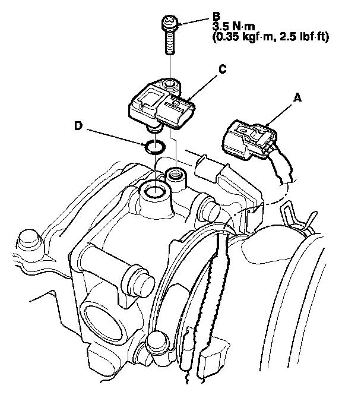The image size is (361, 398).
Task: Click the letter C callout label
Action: pos(221,70)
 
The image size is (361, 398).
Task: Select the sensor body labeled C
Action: pos(163,106)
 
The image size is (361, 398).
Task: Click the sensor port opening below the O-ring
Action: pos(156,191)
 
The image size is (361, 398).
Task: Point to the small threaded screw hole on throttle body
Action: pos(175,174)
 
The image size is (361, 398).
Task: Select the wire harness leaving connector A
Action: pos(282,169)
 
